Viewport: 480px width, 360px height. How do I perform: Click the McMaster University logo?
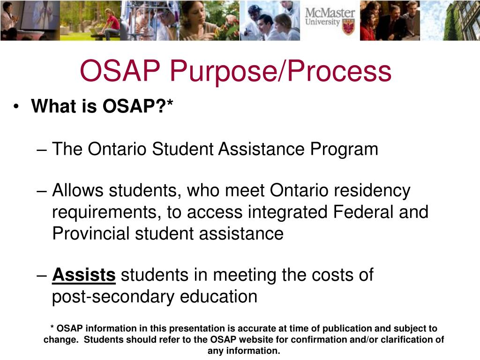click(x=330, y=20)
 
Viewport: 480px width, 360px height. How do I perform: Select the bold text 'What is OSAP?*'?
click(x=102, y=106)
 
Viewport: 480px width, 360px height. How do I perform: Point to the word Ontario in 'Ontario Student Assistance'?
click(x=117, y=149)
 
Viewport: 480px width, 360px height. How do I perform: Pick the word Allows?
click(x=77, y=191)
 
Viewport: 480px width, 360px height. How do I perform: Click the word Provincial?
click(x=91, y=233)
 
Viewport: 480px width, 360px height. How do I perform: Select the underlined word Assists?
click(x=84, y=275)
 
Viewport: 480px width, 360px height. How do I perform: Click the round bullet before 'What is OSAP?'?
click(x=17, y=107)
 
